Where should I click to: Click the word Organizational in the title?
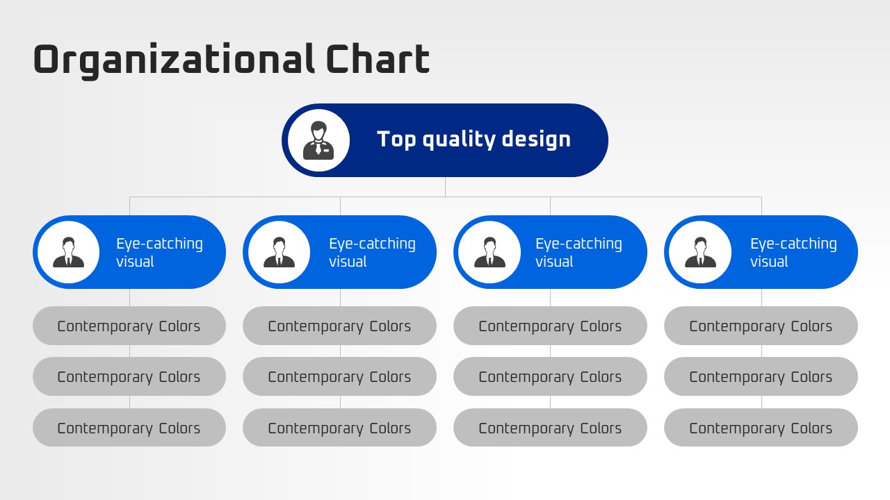(x=174, y=60)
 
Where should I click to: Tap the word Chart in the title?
(x=378, y=59)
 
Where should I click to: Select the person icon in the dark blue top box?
(x=318, y=140)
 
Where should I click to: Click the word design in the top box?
(x=536, y=140)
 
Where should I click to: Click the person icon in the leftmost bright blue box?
(x=68, y=252)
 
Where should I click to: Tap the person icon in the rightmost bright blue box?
(x=700, y=252)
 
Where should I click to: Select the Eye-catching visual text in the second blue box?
(x=372, y=252)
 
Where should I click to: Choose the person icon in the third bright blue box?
(x=489, y=252)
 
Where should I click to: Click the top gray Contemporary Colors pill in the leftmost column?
(x=129, y=326)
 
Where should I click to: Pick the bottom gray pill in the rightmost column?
(x=761, y=428)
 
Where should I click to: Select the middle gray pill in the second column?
(x=340, y=376)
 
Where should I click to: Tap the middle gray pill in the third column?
(x=550, y=376)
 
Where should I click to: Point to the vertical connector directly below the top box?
(x=445, y=187)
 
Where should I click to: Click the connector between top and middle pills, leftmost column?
(x=129, y=351)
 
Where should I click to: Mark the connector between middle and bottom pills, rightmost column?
(x=761, y=402)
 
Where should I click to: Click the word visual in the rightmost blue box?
(x=769, y=262)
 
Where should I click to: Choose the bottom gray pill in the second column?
(x=340, y=428)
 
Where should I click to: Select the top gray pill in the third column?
(x=550, y=326)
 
